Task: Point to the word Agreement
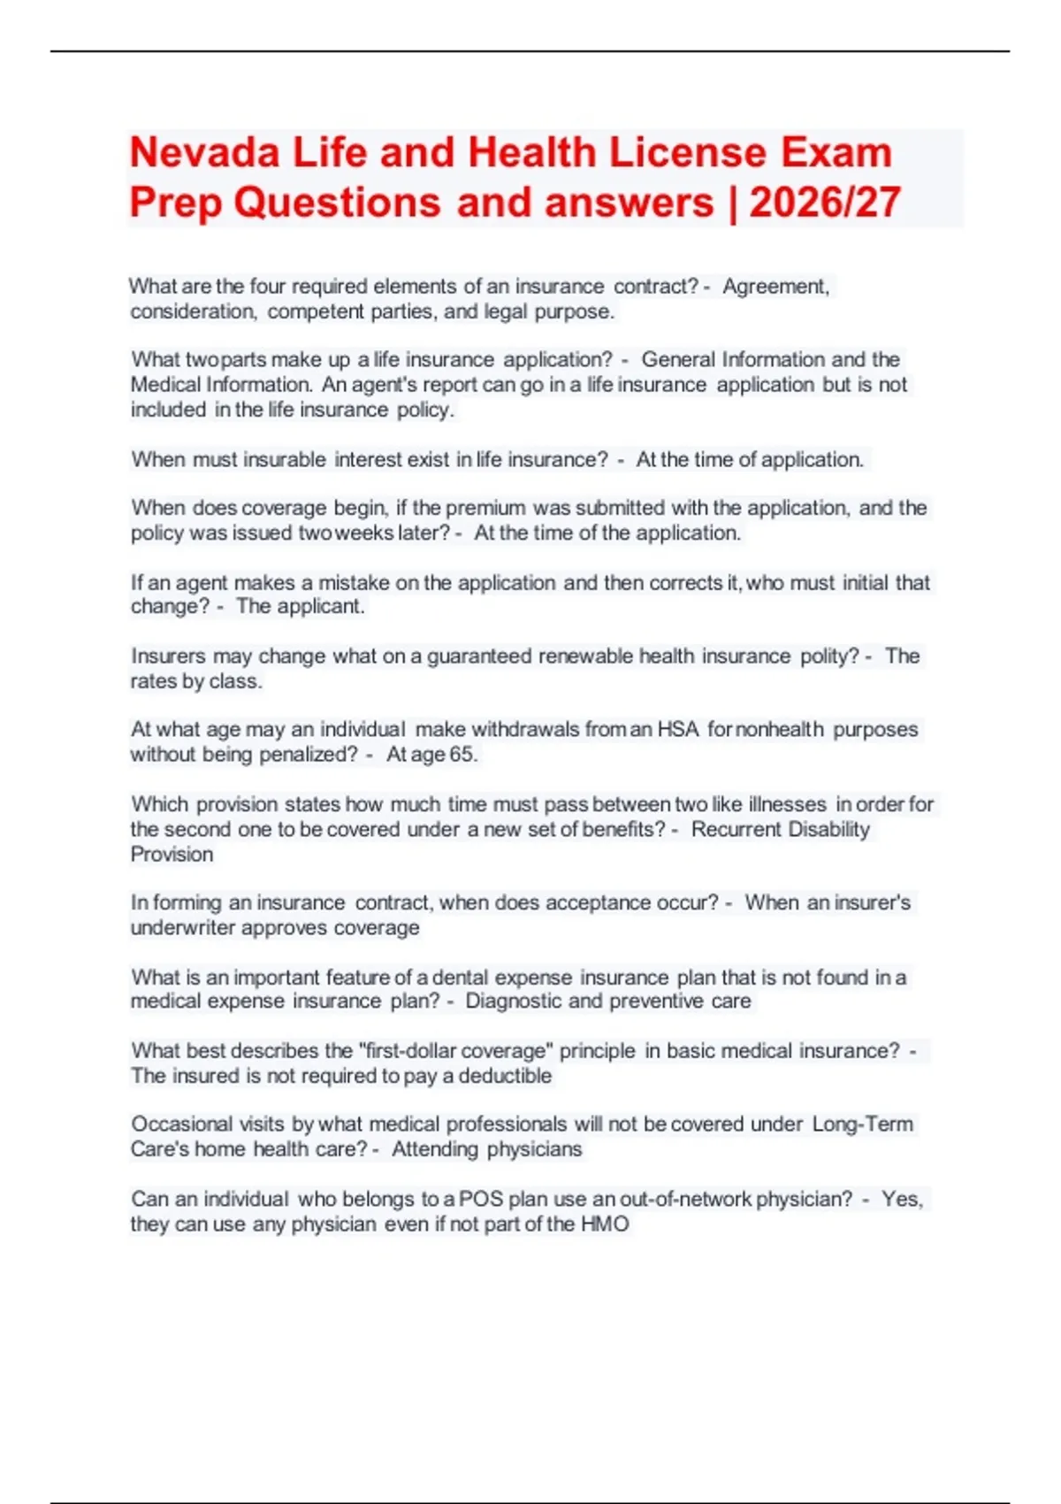tap(775, 287)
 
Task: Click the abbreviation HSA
tap(678, 730)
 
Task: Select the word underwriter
tap(183, 928)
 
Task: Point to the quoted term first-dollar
tap(408, 1051)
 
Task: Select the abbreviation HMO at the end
tap(605, 1224)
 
